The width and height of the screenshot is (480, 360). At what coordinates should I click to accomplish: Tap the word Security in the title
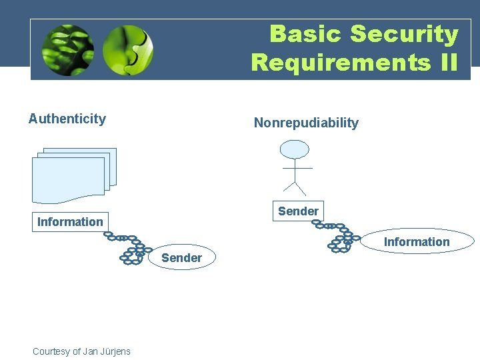(404, 34)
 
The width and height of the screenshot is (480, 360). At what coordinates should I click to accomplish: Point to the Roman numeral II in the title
(445, 63)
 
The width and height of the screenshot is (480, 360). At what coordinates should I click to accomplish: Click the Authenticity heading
(67, 119)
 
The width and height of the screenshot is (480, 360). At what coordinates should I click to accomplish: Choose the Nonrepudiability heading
(306, 123)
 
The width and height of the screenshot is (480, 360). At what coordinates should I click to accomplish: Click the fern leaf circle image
(67, 50)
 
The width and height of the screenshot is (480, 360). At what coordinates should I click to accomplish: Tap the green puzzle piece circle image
(128, 50)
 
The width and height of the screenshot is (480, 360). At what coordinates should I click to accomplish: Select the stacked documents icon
(73, 175)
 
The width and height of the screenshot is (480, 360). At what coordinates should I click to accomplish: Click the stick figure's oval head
(294, 149)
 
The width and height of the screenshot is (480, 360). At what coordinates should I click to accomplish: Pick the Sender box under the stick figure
(298, 211)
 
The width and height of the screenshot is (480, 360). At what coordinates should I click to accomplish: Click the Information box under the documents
(70, 221)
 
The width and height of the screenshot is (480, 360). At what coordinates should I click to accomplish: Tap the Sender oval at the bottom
(181, 258)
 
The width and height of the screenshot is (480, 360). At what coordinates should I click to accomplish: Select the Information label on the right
(417, 242)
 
